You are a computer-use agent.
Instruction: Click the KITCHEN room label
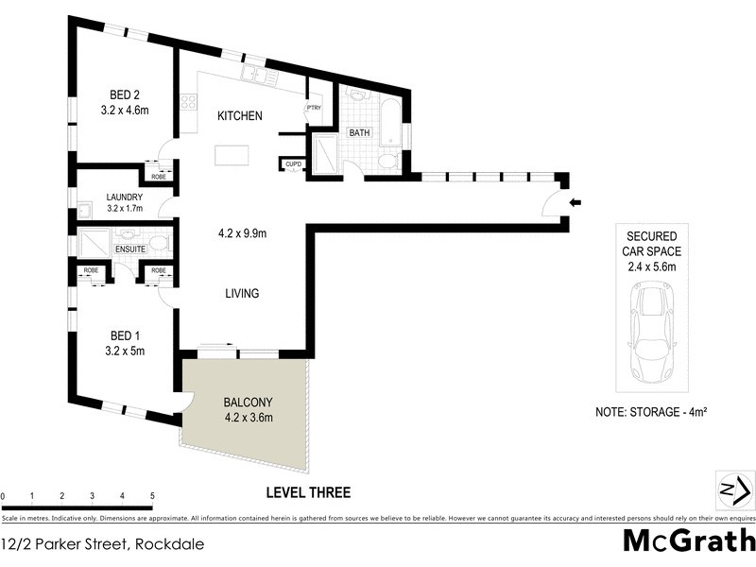[240, 116]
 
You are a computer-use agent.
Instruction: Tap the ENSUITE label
[129, 249]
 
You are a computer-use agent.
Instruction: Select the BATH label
[359, 133]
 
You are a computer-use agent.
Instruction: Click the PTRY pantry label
[313, 109]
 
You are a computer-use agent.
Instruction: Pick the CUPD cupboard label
[292, 165]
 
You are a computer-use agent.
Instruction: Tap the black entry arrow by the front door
[576, 202]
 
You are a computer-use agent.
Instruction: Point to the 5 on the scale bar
[152, 496]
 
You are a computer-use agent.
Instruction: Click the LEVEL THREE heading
[308, 492]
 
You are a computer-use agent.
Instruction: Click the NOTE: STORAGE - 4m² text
[652, 412]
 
